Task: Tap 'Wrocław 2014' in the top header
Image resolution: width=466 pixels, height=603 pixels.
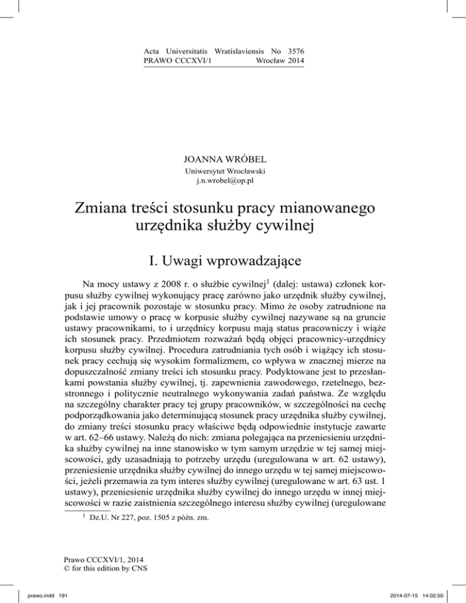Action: coord(280,62)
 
